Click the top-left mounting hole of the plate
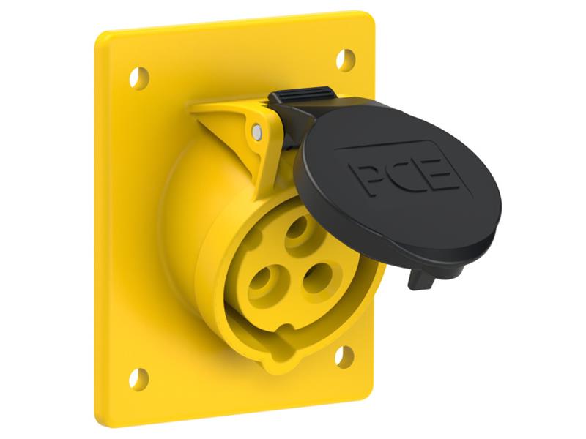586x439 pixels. point(139,78)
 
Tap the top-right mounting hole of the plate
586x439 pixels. point(345,60)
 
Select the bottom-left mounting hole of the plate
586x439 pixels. point(138,380)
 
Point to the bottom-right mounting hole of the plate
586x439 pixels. point(344,356)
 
